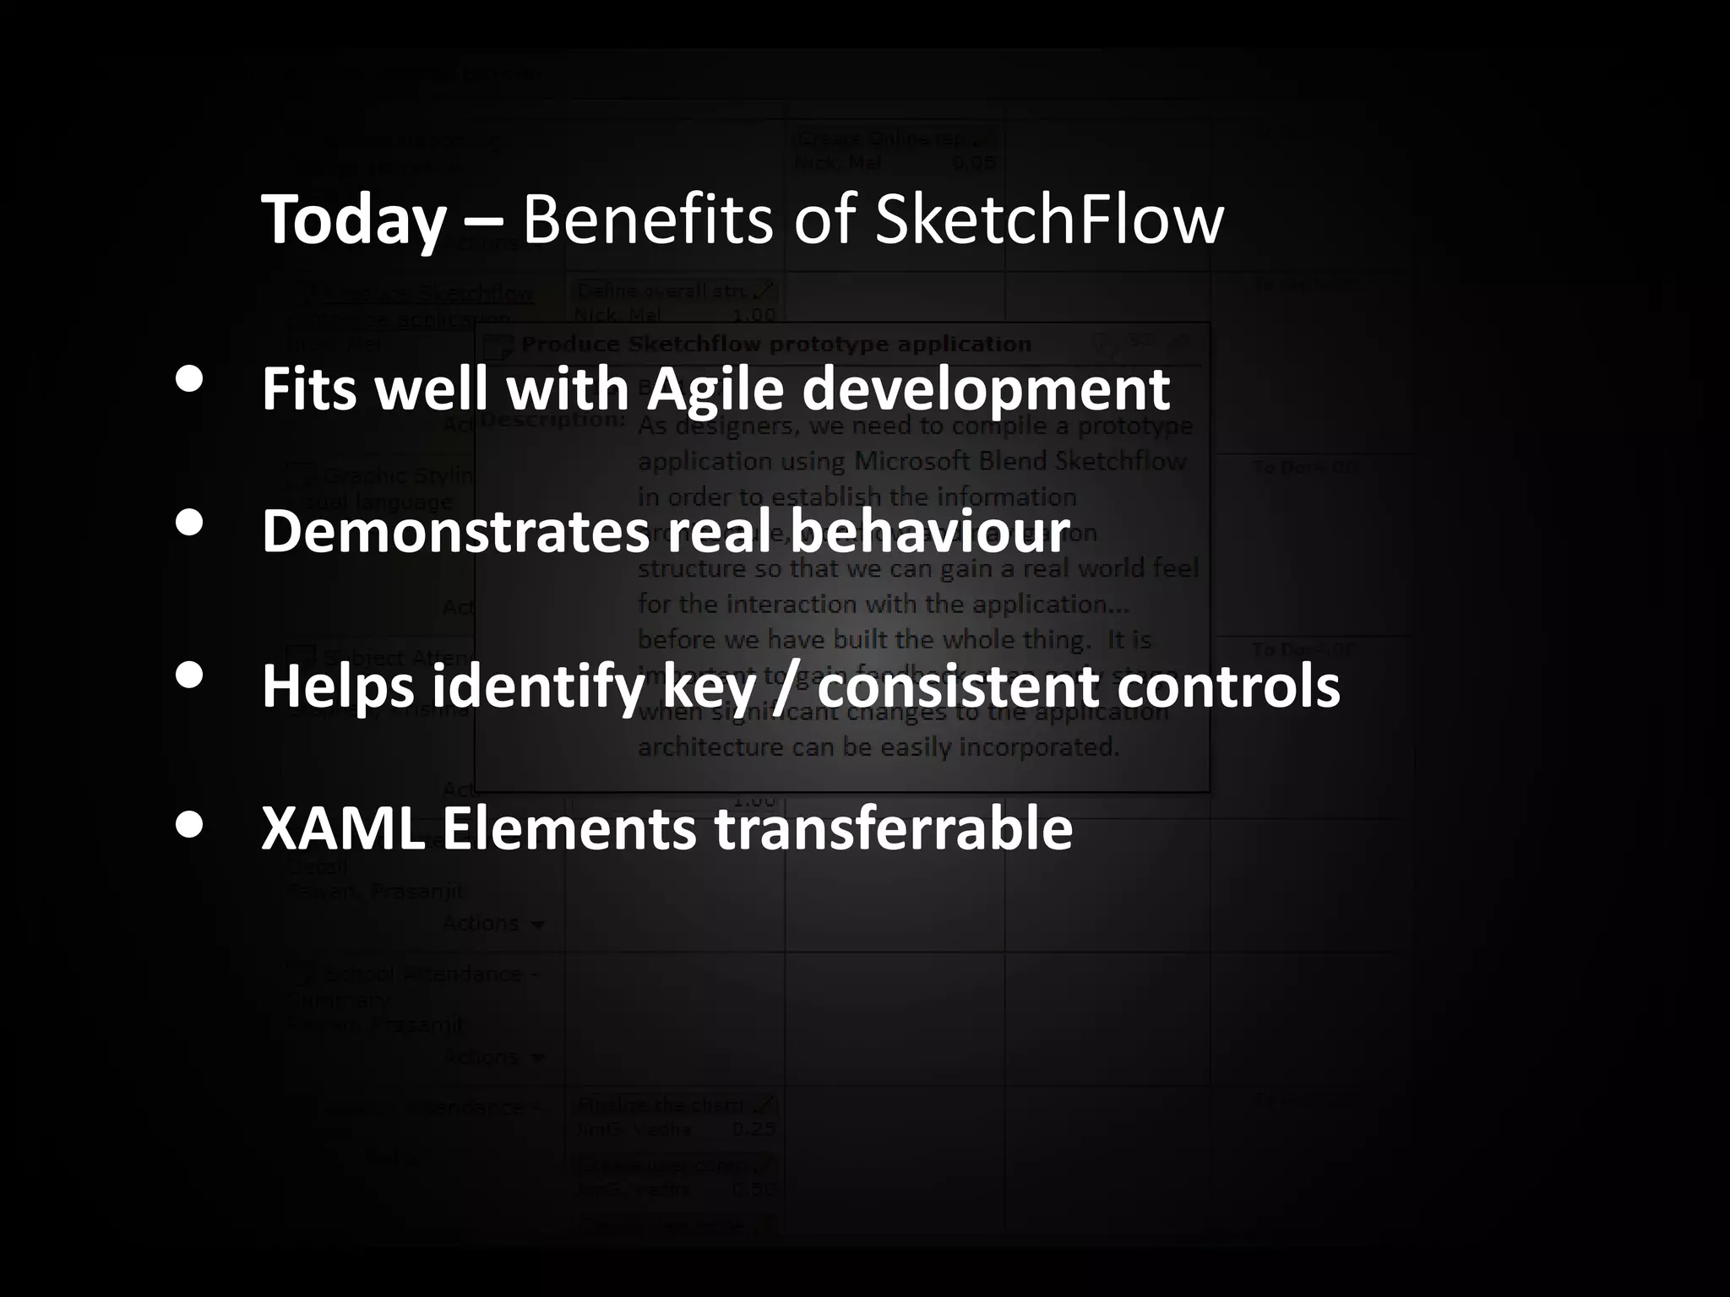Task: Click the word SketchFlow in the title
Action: (x=1048, y=220)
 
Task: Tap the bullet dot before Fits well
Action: (x=189, y=380)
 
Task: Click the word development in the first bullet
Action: (x=986, y=390)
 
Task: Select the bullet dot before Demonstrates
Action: (x=189, y=523)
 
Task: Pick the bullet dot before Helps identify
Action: (x=189, y=674)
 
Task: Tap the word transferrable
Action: (x=894, y=828)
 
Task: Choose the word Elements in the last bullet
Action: (x=569, y=828)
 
